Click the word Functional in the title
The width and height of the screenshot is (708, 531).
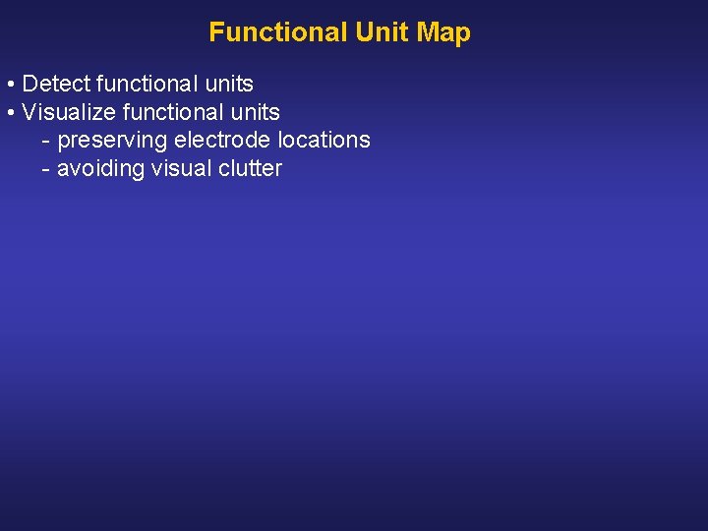(278, 32)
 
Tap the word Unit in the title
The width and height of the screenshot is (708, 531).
(382, 32)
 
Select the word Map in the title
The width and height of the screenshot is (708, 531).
(443, 32)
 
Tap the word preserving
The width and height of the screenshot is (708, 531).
(112, 141)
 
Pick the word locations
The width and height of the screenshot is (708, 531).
(325, 141)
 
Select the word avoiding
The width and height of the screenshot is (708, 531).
(100, 169)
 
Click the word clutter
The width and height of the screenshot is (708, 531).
(250, 169)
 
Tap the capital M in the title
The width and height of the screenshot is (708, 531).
(428, 32)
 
